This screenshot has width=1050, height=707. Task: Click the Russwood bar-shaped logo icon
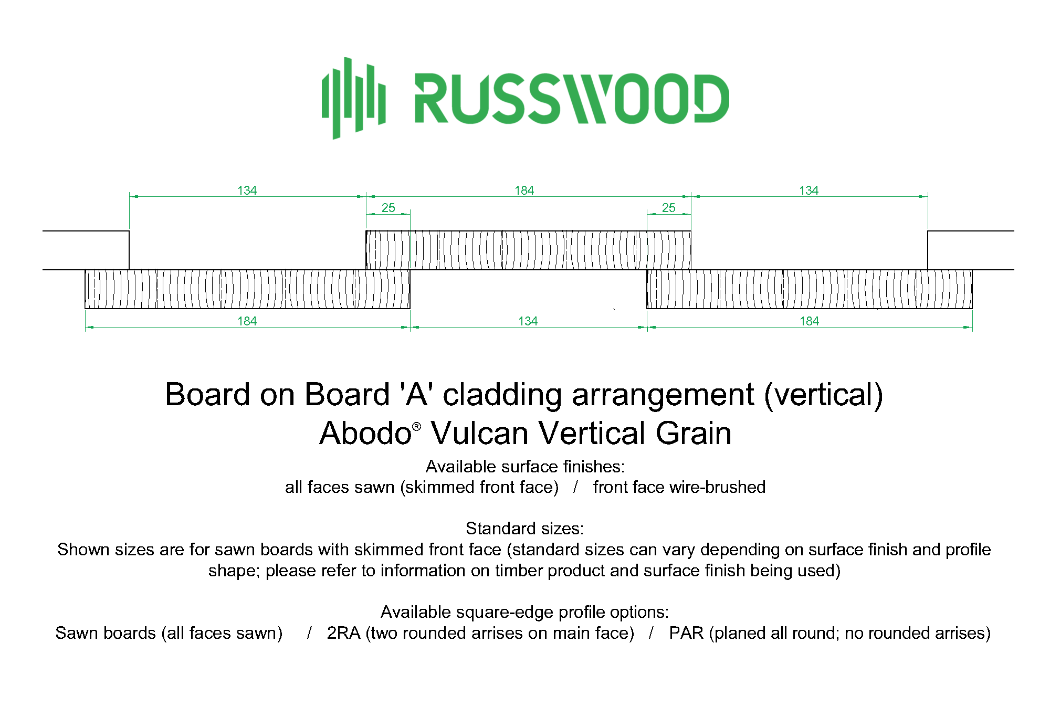tap(354, 98)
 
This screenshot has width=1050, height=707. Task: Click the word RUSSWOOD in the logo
tap(572, 99)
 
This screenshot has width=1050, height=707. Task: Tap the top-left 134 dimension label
tap(247, 191)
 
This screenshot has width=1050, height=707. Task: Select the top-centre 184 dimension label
tap(524, 191)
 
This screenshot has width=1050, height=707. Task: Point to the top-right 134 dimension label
tap(808, 191)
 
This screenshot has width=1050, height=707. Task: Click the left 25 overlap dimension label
tap(388, 208)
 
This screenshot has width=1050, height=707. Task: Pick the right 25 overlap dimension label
tap(669, 208)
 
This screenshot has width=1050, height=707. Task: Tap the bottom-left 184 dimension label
tap(247, 321)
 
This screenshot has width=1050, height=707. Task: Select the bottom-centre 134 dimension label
tap(528, 321)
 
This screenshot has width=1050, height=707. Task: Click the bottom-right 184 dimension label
tap(809, 321)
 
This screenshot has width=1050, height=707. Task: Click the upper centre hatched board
tap(528, 250)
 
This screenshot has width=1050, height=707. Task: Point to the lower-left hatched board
tap(247, 289)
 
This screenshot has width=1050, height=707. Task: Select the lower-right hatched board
tap(810, 289)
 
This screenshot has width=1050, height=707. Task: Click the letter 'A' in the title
tap(416, 394)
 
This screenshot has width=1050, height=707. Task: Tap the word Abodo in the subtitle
tap(366, 433)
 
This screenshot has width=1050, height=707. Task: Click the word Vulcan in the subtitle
tap(480, 433)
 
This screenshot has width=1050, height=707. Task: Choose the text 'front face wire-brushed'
tap(679, 487)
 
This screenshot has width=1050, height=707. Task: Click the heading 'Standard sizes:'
tap(524, 528)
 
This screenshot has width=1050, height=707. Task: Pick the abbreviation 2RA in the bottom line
tap(344, 633)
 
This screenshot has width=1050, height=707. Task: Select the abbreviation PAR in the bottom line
tap(686, 633)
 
